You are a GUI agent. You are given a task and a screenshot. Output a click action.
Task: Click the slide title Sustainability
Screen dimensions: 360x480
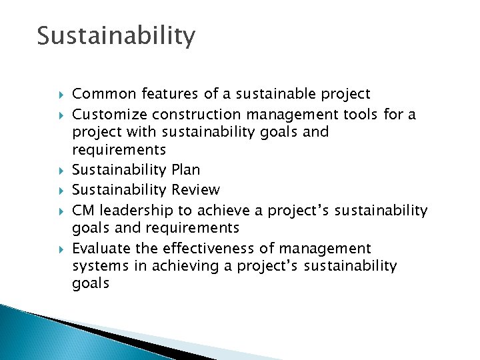tap(116, 35)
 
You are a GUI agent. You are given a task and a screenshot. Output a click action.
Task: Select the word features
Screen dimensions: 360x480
tap(161, 94)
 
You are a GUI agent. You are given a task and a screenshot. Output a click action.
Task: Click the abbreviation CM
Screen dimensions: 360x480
tap(83, 211)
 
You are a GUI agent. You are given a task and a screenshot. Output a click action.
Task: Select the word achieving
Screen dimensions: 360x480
tap(177, 267)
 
